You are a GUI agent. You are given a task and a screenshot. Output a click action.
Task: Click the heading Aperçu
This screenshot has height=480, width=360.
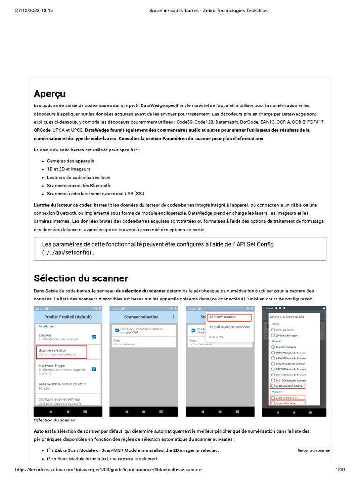point(50,93)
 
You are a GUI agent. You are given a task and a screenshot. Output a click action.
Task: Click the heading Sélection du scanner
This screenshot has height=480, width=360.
point(81,278)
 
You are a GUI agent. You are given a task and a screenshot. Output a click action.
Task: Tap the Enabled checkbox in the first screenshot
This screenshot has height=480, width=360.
point(94,337)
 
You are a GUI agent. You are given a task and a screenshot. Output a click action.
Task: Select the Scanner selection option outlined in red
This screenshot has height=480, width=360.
point(62,352)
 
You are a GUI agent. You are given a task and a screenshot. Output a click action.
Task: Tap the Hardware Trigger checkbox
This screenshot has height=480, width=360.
point(94,369)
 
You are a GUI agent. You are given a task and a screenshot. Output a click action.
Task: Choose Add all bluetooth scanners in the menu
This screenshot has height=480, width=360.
point(229,327)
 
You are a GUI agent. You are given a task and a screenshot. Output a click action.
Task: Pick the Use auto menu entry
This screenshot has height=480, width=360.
point(216,337)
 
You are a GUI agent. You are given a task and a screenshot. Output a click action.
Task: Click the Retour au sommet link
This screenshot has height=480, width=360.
point(313,450)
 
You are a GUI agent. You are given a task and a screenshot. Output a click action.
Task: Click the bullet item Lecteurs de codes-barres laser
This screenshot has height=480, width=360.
point(79,177)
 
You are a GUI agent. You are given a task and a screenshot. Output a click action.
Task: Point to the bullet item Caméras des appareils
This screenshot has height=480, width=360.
point(70,160)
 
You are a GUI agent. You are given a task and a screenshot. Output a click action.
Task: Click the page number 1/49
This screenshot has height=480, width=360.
point(340,470)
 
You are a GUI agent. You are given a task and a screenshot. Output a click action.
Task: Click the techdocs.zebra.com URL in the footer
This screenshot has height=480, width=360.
point(109,470)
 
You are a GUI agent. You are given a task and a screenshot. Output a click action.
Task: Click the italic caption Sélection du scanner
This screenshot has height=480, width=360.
point(55,420)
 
